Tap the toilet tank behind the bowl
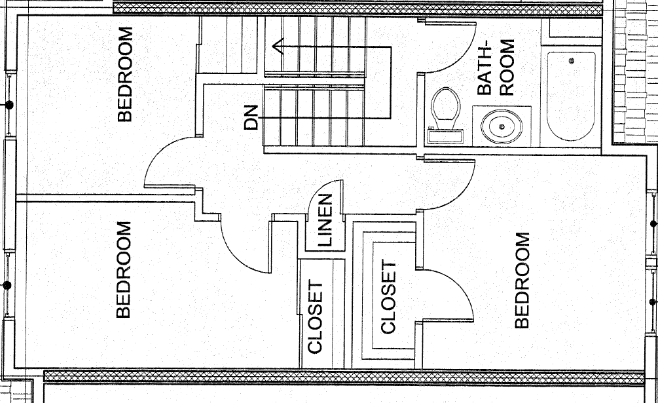tap(445, 136)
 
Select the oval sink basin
tap(502, 126)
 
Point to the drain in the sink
tap(502, 126)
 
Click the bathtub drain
tap(571, 61)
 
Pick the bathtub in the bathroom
tap(571, 96)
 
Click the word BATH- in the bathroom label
tap(484, 67)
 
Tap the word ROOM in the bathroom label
tap(507, 67)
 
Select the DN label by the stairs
tap(251, 117)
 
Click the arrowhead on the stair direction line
tap(278, 46)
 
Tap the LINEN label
tap(325, 220)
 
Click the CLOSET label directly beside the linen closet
tap(315, 317)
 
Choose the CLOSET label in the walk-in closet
tap(388, 297)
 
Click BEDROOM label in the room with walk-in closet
tap(522, 280)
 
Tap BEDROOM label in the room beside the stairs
tap(124, 74)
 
